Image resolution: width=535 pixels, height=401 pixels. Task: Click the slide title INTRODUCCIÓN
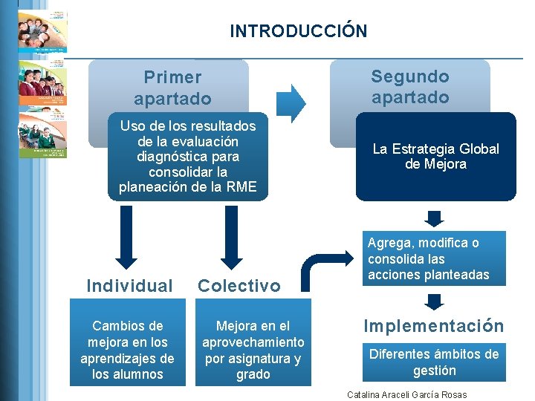pos(298,30)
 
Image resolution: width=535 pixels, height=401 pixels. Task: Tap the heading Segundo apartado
pos(410,86)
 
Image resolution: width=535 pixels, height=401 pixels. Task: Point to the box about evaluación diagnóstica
pos(187,157)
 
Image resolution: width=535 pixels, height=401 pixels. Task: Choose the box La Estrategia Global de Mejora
pos(435,157)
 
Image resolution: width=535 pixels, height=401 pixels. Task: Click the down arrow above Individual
pos(127,236)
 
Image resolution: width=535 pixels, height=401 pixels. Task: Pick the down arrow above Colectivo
pos(233,236)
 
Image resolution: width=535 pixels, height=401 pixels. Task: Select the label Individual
pos(129,285)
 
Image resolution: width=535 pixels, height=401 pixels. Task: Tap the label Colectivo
pos(239,285)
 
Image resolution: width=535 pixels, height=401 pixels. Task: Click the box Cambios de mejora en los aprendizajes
pos(126,350)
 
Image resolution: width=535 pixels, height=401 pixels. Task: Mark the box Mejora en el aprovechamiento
pos(253,350)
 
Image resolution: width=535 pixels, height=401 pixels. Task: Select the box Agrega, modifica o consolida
pos(435,258)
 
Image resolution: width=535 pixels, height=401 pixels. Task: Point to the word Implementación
pos(433,326)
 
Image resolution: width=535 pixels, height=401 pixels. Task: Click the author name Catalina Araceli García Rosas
pos(407,394)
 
